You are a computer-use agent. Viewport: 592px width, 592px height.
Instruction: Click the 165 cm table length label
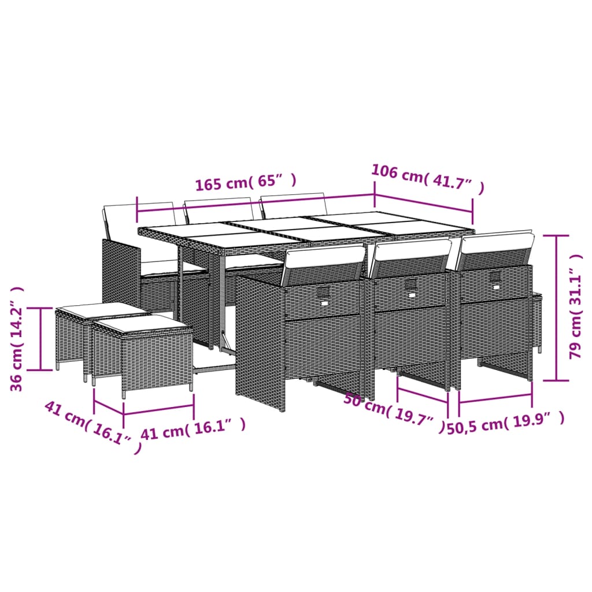246,183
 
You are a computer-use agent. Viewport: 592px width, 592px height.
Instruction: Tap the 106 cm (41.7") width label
427,179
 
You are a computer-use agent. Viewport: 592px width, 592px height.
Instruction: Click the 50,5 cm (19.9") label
505,425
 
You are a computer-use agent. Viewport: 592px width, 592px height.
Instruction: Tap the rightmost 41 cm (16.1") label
194,428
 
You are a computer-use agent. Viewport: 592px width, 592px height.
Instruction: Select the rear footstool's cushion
101,310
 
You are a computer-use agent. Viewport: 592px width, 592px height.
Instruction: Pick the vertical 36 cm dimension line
40,338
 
